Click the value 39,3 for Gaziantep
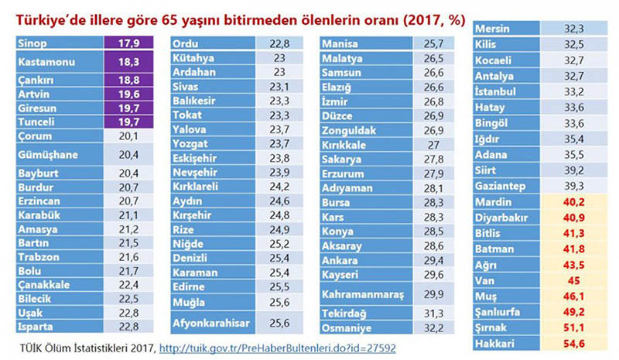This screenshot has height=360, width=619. (576, 186)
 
